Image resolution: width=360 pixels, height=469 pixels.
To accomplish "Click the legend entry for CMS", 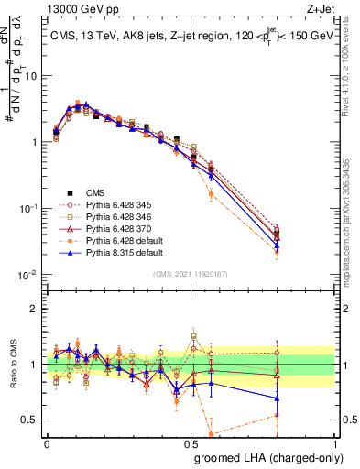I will (x=95, y=192).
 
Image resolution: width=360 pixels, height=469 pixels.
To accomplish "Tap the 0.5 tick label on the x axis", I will (x=190, y=442).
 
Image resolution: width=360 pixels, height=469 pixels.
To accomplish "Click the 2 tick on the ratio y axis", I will (x=34, y=309).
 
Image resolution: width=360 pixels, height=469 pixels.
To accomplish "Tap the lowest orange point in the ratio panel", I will (x=212, y=433).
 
